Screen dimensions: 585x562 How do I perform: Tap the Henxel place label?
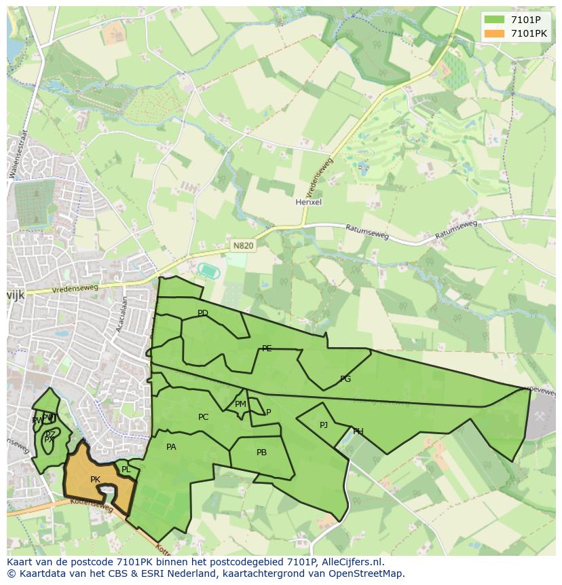(308, 202)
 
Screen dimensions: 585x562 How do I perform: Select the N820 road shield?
(242, 245)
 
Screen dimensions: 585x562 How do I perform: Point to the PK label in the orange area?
(95, 480)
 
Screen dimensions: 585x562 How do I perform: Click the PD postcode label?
(202, 313)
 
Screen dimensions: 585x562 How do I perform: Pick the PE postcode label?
(267, 349)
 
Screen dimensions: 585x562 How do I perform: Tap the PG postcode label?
(345, 379)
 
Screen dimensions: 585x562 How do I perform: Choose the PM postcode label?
(240, 404)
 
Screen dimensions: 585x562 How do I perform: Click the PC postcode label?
(203, 417)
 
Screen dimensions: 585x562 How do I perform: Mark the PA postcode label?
(171, 447)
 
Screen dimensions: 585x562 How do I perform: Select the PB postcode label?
(261, 453)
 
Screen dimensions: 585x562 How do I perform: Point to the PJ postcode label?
(324, 425)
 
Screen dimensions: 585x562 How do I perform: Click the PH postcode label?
(358, 431)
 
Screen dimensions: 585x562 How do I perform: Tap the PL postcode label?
(126, 469)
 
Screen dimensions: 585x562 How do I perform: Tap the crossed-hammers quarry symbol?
(540, 415)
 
